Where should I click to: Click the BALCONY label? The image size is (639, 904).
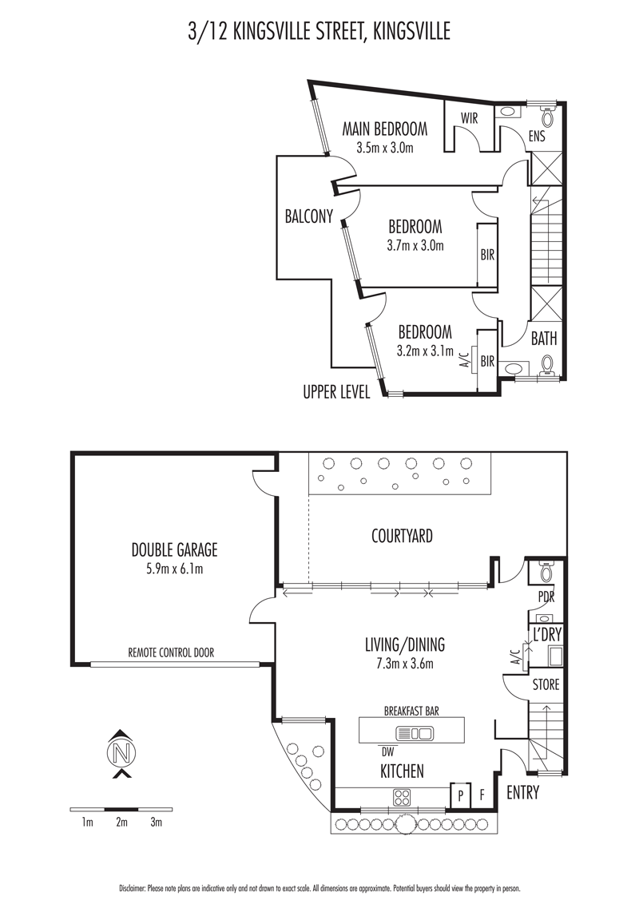tap(309, 216)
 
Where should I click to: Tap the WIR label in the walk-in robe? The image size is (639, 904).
tap(470, 118)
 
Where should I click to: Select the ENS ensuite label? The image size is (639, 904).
tap(537, 137)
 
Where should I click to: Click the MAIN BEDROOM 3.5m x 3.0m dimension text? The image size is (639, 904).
tap(385, 149)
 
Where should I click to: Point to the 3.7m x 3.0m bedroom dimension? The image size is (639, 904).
tap(415, 246)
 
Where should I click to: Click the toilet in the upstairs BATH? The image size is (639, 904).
tap(547, 364)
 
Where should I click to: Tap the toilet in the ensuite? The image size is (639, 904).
tap(547, 117)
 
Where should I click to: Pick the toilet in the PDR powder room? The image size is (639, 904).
tap(546, 572)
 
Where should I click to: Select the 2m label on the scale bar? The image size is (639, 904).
tap(121, 823)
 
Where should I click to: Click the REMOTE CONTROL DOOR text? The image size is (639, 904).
tap(171, 652)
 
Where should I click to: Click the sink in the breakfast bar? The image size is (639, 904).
tap(414, 734)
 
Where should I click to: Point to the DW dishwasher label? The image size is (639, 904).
tap(387, 752)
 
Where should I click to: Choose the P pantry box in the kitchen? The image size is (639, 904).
tap(461, 795)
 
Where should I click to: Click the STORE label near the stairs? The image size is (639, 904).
tap(546, 684)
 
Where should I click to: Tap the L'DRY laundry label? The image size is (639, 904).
tap(546, 635)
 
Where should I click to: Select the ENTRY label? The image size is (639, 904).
tap(522, 793)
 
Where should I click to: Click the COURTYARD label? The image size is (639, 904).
tap(402, 536)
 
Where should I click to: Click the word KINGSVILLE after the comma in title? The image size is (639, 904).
tap(411, 32)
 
